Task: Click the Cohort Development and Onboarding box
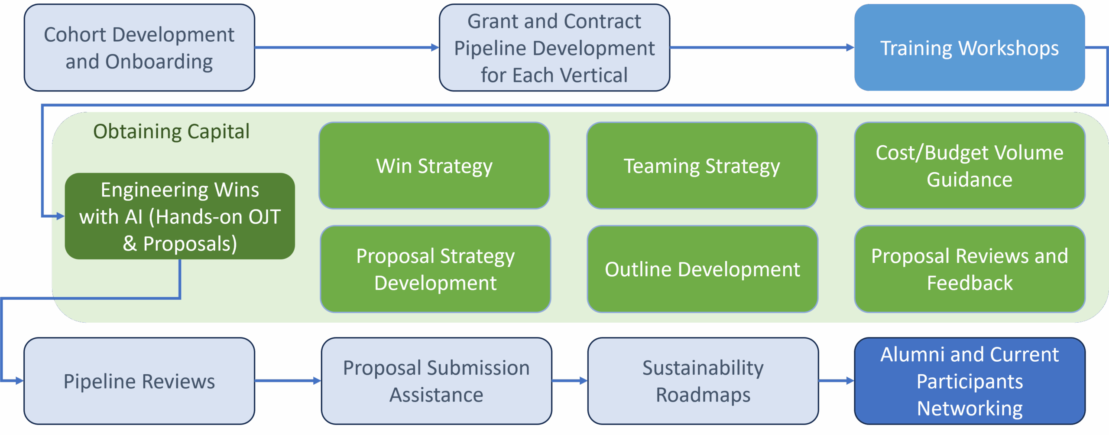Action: tap(139, 48)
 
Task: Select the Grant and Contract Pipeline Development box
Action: tap(554, 48)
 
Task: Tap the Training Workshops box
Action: tap(970, 48)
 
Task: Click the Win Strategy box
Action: tap(434, 166)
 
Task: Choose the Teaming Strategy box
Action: tap(702, 166)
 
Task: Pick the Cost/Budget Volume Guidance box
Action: tap(970, 166)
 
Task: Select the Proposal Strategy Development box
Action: tap(435, 269)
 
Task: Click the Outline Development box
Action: tap(702, 269)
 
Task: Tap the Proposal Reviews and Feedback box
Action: tap(970, 269)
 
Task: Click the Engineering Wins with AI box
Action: tap(180, 216)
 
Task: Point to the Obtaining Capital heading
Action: tap(171, 131)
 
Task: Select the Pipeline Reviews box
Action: tap(139, 381)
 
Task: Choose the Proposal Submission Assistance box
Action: tap(436, 381)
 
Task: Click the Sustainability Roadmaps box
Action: tap(703, 381)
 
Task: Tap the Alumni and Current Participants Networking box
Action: tap(970, 381)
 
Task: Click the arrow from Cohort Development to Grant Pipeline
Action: tap(347, 47)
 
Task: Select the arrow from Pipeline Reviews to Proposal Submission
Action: tap(288, 381)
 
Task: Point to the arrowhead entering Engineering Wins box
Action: tap(60, 216)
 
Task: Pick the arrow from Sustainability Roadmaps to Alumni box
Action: tap(837, 381)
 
